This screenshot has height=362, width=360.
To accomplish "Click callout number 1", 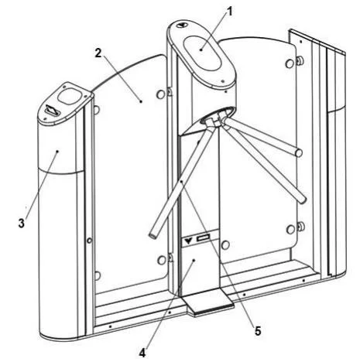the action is tap(229, 12).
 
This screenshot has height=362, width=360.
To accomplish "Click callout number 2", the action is tap(98, 53).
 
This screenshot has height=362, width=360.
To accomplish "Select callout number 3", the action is tap(22, 223).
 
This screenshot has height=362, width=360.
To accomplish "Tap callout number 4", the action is tap(142, 353).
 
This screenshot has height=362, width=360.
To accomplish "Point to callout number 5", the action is tap(258, 331).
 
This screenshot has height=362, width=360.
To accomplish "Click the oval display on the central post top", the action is tap(203, 53).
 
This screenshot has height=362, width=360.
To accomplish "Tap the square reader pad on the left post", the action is tap(69, 97).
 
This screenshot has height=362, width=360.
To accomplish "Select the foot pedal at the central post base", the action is tap(208, 304).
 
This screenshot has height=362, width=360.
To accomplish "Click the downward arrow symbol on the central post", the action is tap(189, 241).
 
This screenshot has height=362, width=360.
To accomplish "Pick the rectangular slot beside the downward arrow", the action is tap(204, 237).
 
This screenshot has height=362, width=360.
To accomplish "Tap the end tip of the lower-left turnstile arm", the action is tap(153, 234).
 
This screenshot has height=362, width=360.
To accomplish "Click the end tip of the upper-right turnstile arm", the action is tap(299, 153).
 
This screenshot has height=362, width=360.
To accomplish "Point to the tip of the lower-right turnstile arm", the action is tap(303, 200).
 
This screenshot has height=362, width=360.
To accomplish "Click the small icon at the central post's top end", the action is tap(183, 25).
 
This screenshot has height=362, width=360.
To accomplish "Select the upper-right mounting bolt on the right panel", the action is tap(300, 60).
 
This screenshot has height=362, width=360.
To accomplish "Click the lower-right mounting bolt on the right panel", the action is tap(300, 227).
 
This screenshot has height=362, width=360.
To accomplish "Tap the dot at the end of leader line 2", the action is tap(141, 101).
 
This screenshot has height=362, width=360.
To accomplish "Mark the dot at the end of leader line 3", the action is tap(57, 152).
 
